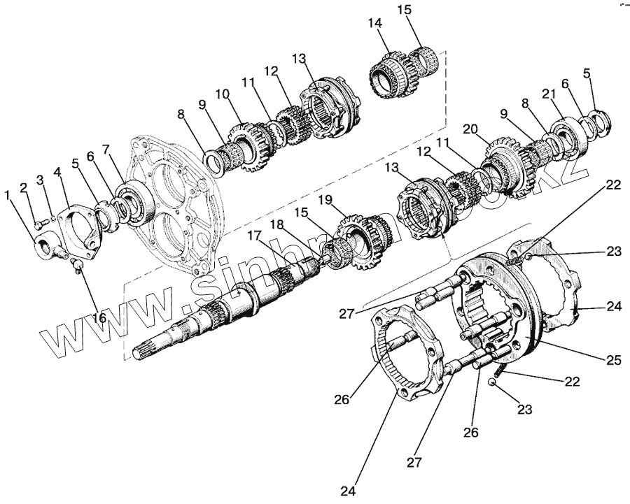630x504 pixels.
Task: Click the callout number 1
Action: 9,196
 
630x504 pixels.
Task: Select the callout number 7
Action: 106,149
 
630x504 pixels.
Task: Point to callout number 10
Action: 223,94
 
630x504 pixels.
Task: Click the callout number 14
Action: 375,23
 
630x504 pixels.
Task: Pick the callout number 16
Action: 99,318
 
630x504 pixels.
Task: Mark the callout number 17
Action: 253,237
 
